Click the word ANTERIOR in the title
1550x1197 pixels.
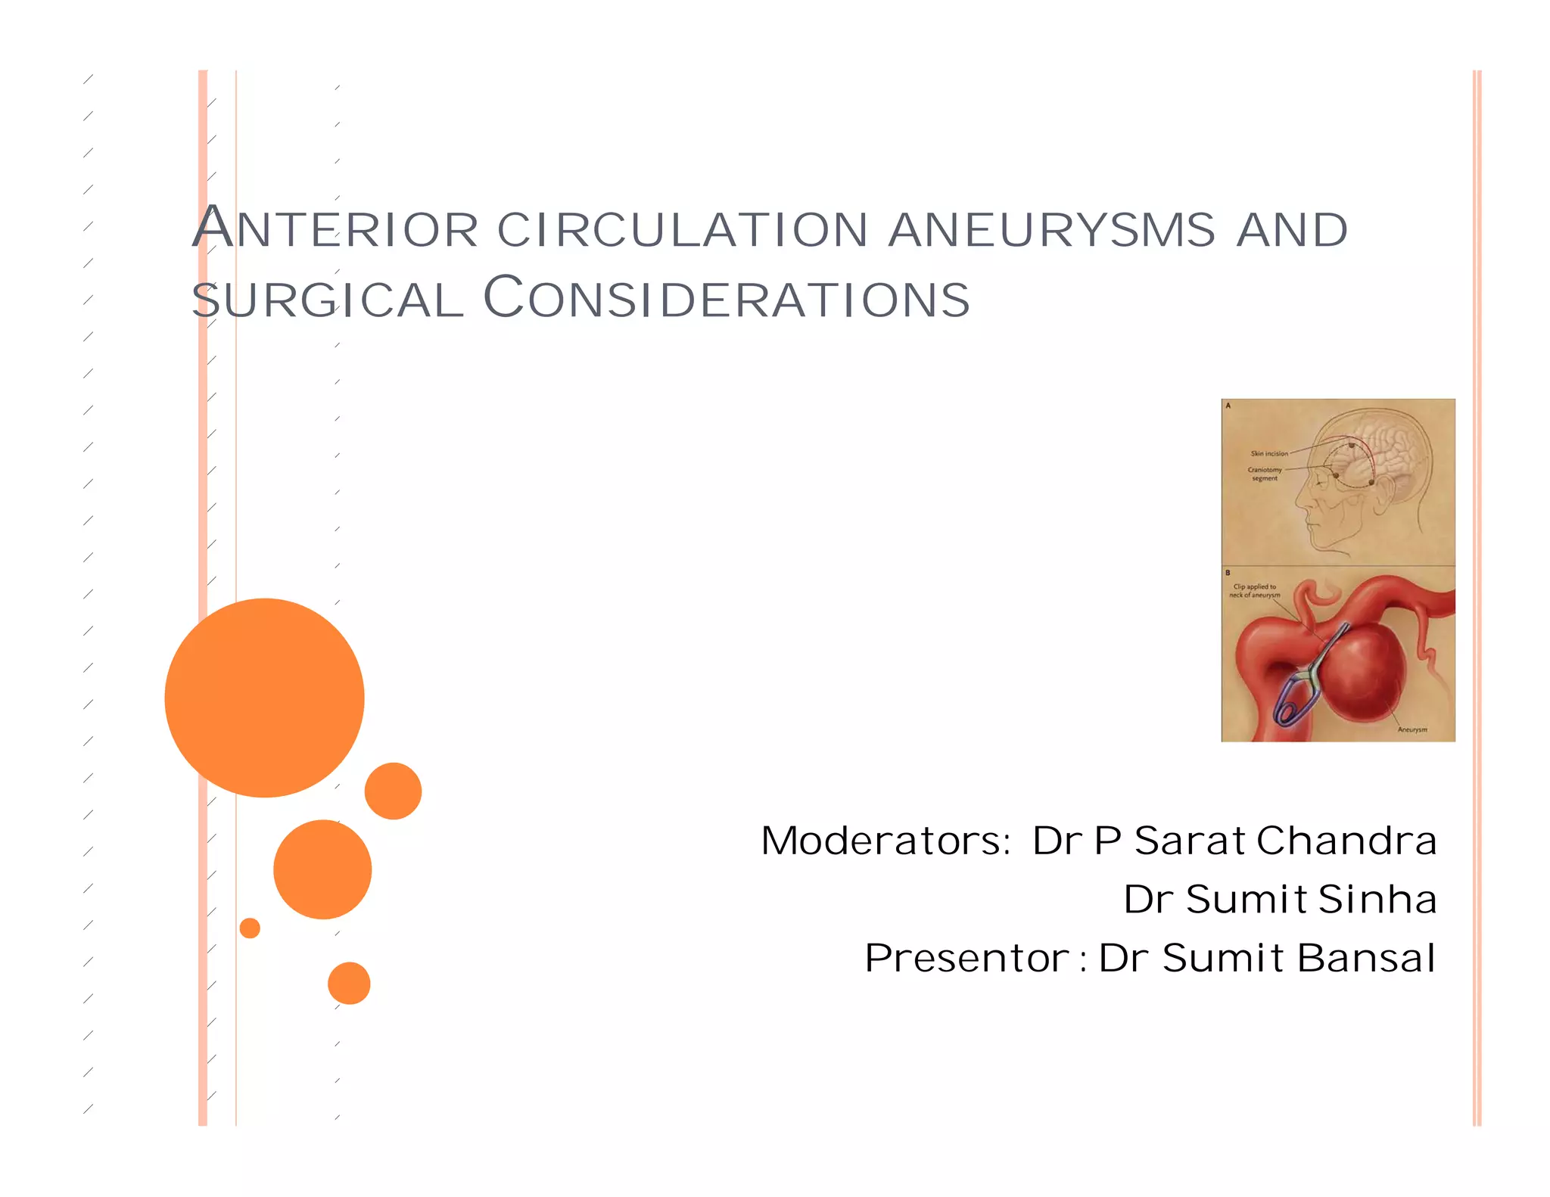pyautogui.click(x=335, y=229)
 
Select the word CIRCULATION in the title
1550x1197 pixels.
pyautogui.click(x=683, y=230)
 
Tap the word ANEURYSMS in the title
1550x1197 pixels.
pyautogui.click(x=1052, y=230)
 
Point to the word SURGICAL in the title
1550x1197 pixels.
pyautogui.click(x=327, y=300)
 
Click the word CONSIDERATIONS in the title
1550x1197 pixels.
pyautogui.click(x=727, y=298)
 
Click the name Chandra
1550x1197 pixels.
pyautogui.click(x=1347, y=841)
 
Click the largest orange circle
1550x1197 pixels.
pyautogui.click(x=264, y=698)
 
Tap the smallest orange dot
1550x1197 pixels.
pyautogui.click(x=250, y=928)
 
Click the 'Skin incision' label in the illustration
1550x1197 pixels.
pyautogui.click(x=1269, y=454)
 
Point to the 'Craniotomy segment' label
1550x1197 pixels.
pyautogui.click(x=1265, y=474)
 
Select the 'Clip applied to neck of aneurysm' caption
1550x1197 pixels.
pyautogui.click(x=1255, y=591)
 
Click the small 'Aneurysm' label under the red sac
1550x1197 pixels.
pyautogui.click(x=1412, y=730)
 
